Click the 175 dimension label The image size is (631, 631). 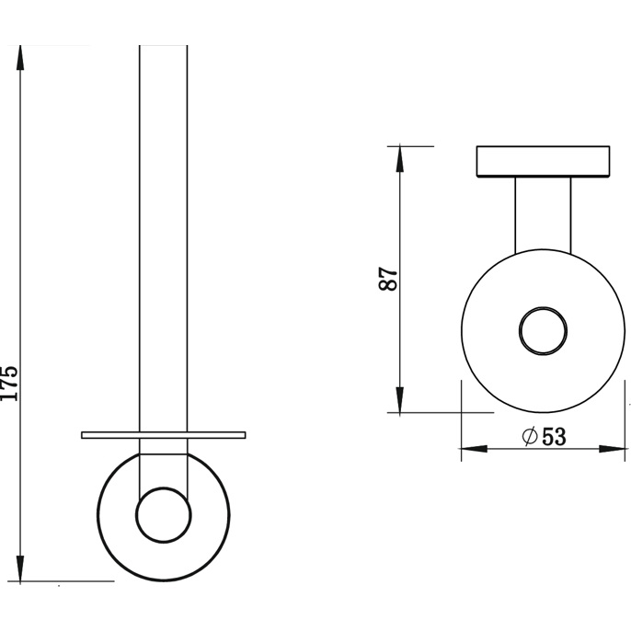pos(9,383)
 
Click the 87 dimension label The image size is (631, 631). pos(388,279)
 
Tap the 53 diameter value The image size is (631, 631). pos(554,437)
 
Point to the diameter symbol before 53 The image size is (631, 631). pos(530,436)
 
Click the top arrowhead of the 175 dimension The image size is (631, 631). pos(20,58)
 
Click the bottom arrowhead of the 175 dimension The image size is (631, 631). pos(20,568)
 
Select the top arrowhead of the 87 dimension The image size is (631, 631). pos(399,159)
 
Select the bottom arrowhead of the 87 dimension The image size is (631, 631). pos(399,399)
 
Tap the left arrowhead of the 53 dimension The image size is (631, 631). pos(475,449)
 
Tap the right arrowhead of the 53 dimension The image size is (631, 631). pos(612,449)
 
